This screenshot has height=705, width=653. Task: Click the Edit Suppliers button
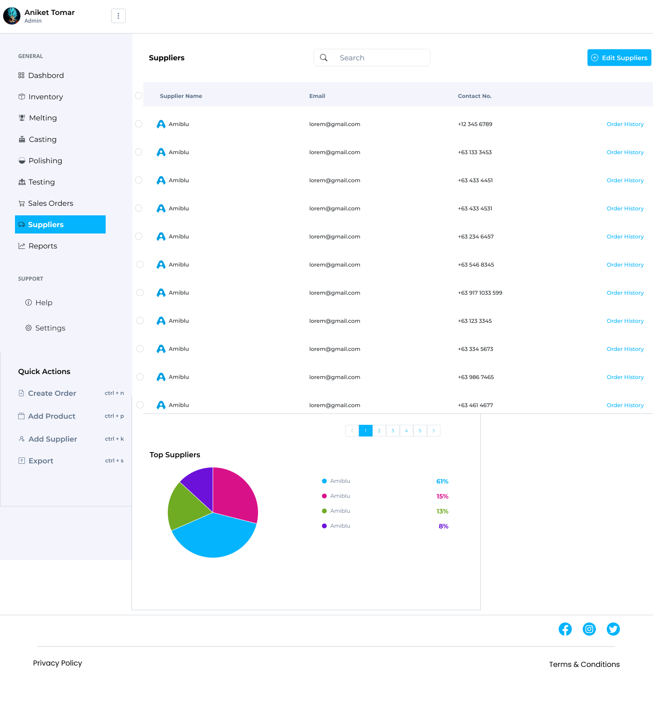pos(619,58)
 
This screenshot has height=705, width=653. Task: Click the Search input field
pos(372,58)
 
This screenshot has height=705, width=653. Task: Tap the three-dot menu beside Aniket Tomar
pos(118,16)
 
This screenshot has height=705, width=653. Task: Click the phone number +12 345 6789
pos(475,124)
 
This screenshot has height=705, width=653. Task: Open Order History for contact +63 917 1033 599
pos(625,293)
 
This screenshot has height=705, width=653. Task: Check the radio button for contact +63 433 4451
pos(139,180)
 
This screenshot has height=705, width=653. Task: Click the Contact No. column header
pos(474,96)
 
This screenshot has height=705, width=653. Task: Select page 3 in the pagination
pos(393,431)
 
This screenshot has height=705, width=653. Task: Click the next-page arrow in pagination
pos(434,431)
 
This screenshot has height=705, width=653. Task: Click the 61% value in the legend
pos(442,481)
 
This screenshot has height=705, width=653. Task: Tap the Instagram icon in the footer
pos(589,629)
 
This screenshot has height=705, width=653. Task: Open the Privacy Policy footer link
pos(58,663)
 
